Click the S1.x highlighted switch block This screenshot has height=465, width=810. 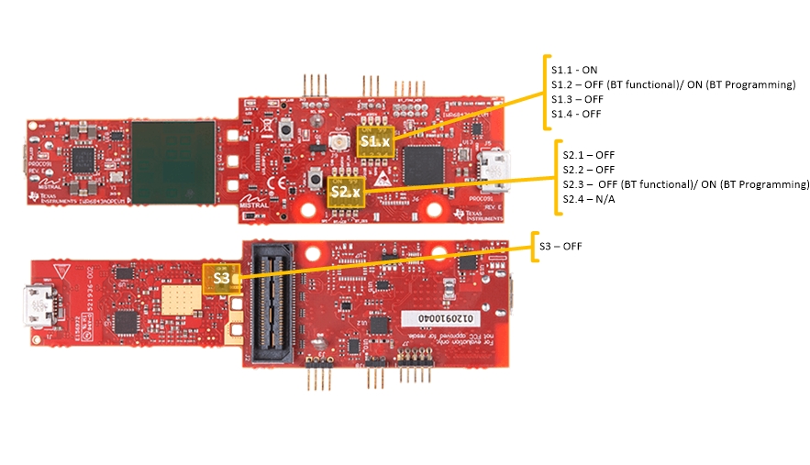375,142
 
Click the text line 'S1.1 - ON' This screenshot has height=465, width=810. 574,70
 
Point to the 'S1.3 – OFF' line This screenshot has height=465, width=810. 577,99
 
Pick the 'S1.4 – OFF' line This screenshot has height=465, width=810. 577,114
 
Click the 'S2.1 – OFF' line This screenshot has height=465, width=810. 588,155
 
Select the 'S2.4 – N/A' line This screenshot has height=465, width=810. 588,199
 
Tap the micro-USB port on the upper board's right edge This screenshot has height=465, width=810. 495,167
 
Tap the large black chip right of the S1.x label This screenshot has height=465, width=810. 424,166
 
